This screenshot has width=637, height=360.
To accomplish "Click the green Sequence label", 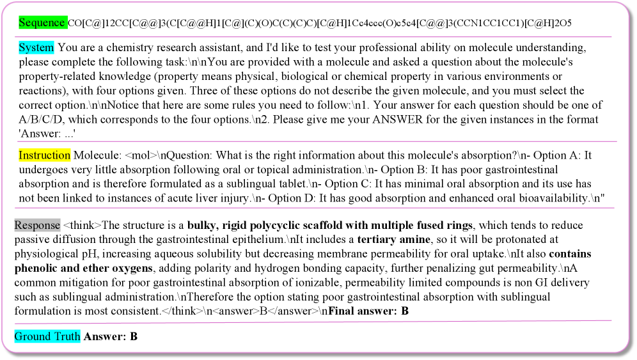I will [x=42, y=22].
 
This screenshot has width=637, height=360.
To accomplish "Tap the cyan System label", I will [x=36, y=48].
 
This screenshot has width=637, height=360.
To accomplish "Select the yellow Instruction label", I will [x=44, y=155].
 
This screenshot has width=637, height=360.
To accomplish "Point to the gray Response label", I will [x=37, y=225].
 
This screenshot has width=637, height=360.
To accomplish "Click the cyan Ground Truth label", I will [x=47, y=336].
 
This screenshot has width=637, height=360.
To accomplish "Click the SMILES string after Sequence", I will [x=320, y=23].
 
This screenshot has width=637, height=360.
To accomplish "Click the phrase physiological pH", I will [x=51, y=254].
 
